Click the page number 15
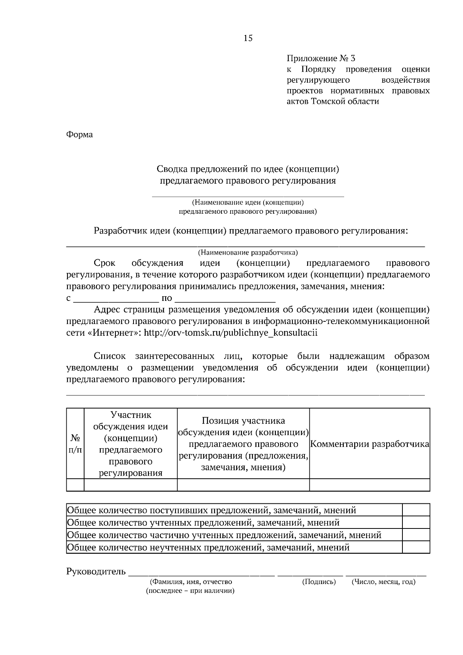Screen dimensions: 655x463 pyautogui.click(x=248, y=38)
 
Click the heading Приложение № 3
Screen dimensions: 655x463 pyautogui.click(x=321, y=59)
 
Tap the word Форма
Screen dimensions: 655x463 pyautogui.click(x=79, y=135)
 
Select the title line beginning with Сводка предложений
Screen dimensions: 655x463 pyautogui.click(x=248, y=169)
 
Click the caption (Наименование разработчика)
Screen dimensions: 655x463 pyautogui.click(x=248, y=253)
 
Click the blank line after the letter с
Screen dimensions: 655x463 pyautogui.click(x=116, y=299)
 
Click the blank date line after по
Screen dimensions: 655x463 pyautogui.click(x=225, y=299)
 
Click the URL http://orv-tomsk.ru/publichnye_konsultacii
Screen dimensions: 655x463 pyautogui.click(x=230, y=333)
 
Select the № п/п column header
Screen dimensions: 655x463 pyautogui.click(x=75, y=444)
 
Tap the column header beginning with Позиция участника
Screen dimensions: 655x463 pyautogui.click(x=243, y=444)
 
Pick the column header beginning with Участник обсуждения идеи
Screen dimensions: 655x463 pyautogui.click(x=130, y=444)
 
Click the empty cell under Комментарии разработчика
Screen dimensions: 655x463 pyautogui.click(x=370, y=485)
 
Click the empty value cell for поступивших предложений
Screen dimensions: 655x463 pyautogui.click(x=416, y=510)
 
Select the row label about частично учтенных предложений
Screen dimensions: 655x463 pyautogui.click(x=224, y=535)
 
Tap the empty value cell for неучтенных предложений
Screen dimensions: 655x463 pyautogui.click(x=416, y=547)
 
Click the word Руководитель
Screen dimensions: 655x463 pyautogui.click(x=96, y=571)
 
